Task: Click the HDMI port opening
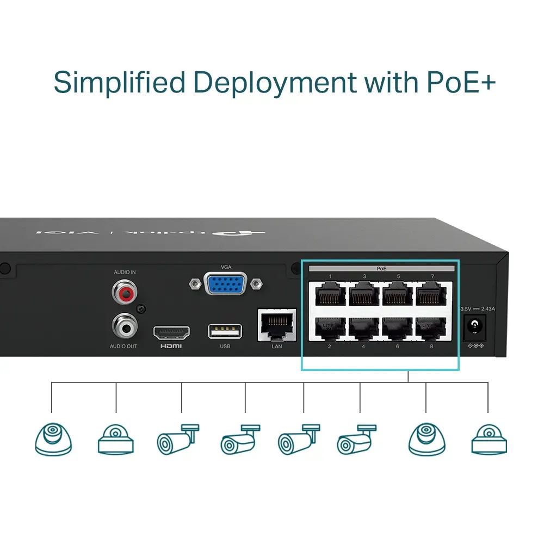(x=171, y=332)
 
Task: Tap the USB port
(x=225, y=331)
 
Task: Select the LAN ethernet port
(x=276, y=325)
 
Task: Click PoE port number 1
(x=330, y=295)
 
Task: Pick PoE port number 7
(x=432, y=295)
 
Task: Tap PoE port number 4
(x=364, y=328)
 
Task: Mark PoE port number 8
(x=432, y=328)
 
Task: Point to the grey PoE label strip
(x=381, y=269)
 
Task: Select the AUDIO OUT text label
(x=124, y=347)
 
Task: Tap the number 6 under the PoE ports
(x=398, y=346)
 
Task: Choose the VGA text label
(x=226, y=267)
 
